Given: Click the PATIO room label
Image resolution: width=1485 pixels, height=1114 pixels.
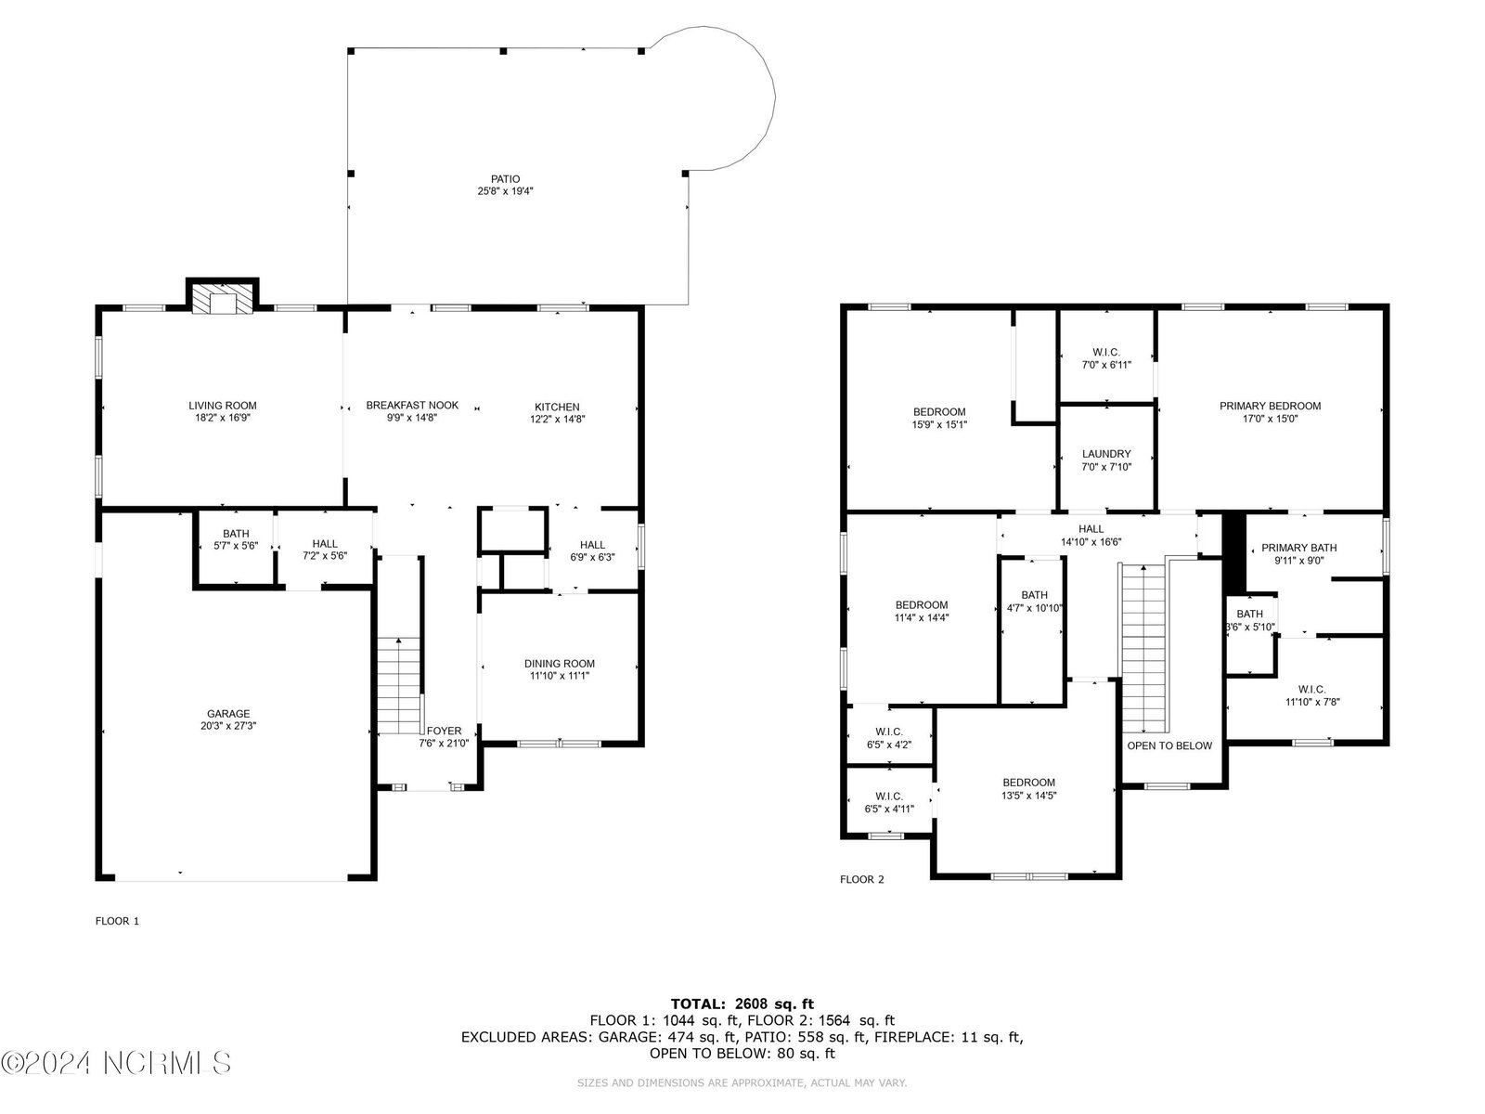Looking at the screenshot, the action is (x=505, y=179).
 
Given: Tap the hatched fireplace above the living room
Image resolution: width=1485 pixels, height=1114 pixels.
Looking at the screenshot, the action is (x=223, y=298).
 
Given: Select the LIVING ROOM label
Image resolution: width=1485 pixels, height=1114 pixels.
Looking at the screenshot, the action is (x=223, y=406).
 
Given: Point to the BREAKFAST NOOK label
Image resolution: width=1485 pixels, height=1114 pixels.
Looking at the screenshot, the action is (x=412, y=405).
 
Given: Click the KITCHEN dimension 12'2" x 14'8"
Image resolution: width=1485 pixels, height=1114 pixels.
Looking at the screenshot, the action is (x=557, y=419).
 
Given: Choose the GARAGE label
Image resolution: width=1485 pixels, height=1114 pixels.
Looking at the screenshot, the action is (x=228, y=714).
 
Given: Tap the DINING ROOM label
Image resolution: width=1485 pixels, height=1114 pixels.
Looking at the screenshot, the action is (x=560, y=664).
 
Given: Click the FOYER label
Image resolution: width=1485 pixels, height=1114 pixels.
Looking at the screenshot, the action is (x=444, y=731).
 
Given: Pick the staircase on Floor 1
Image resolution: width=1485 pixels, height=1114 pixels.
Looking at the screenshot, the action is (x=399, y=685).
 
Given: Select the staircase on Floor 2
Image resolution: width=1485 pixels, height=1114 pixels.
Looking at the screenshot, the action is (x=1143, y=649).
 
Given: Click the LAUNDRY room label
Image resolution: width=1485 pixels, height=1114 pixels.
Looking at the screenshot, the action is (x=1106, y=454).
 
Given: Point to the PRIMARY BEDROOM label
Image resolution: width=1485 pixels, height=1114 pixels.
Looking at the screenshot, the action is (x=1270, y=406).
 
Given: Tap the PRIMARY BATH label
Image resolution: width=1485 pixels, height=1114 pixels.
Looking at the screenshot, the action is (x=1299, y=548).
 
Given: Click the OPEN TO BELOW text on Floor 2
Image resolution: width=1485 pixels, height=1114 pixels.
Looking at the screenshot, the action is (x=1169, y=745).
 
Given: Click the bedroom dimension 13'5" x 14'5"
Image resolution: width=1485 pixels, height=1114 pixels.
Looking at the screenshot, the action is (x=1029, y=796).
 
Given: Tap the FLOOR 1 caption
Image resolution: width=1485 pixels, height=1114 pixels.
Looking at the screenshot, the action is (x=117, y=921).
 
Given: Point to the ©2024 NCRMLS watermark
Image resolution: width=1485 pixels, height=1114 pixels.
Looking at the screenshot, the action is (x=116, y=1063).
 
